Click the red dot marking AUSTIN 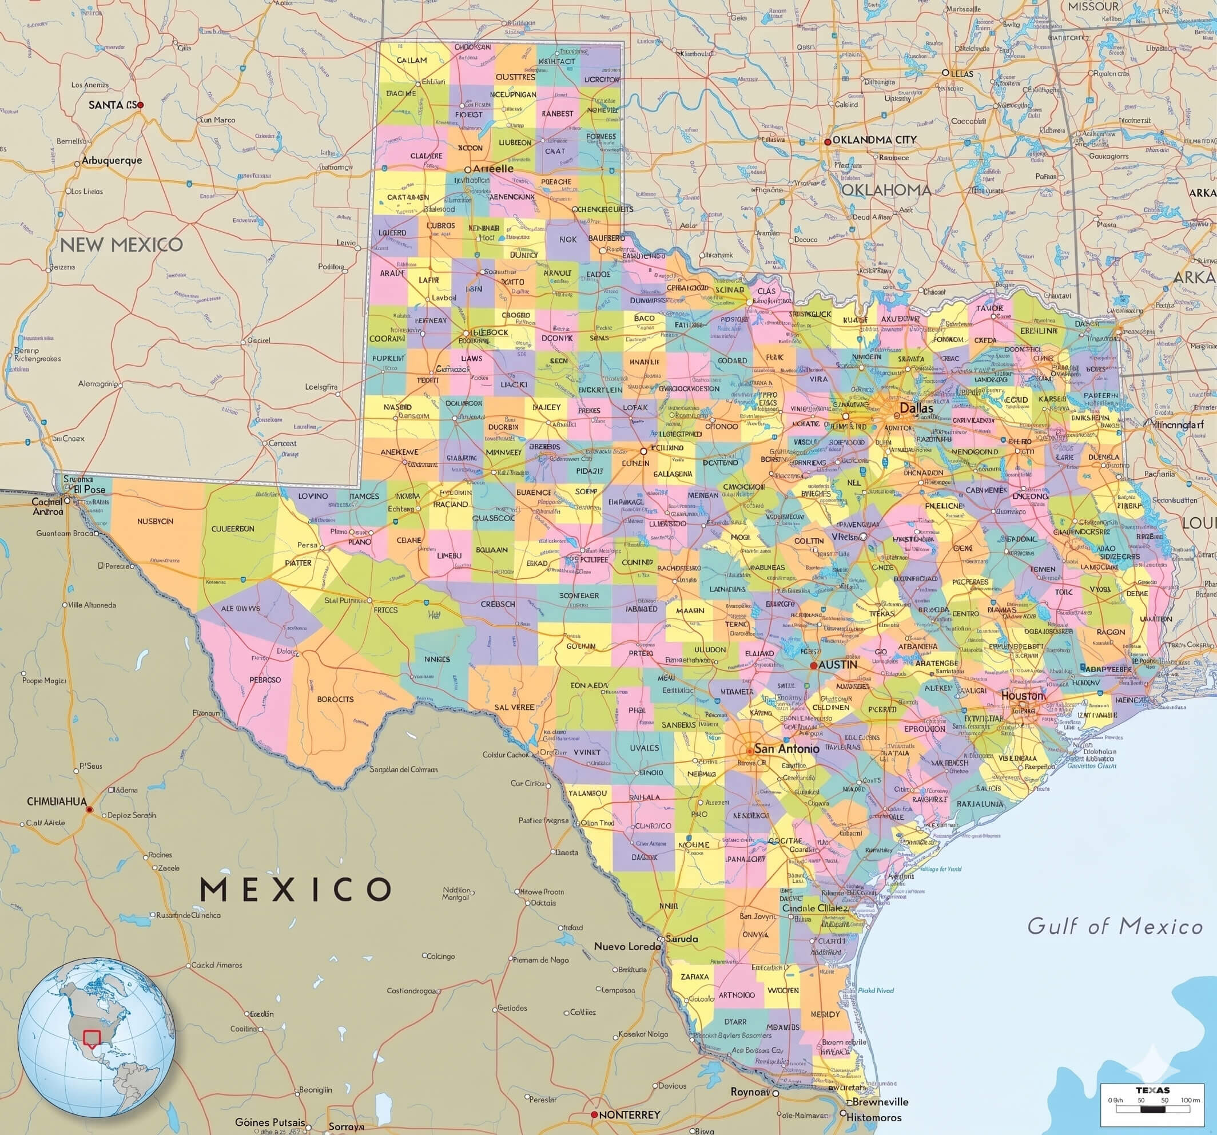point(814,665)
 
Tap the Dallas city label point(916,408)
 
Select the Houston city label point(1023,696)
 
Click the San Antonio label point(786,748)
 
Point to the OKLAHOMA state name point(886,190)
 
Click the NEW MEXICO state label point(121,245)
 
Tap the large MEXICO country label point(296,889)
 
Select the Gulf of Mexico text point(1115,926)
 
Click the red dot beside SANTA point(140,105)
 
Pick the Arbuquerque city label point(112,161)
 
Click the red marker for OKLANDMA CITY point(828,141)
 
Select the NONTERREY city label point(629,1115)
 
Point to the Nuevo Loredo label point(627,946)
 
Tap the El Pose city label point(89,489)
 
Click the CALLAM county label point(411,61)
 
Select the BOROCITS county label point(335,699)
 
